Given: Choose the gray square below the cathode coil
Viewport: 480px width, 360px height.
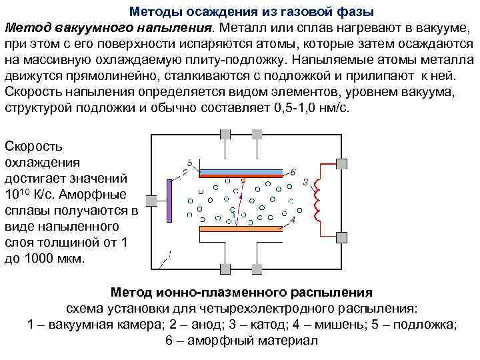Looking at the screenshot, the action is coord(342,236).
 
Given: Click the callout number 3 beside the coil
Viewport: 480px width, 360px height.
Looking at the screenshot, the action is coord(305,181).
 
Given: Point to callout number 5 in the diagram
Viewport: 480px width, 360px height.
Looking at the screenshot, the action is coord(190,162).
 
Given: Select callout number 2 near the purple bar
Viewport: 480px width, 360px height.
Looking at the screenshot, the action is coord(185,173).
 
